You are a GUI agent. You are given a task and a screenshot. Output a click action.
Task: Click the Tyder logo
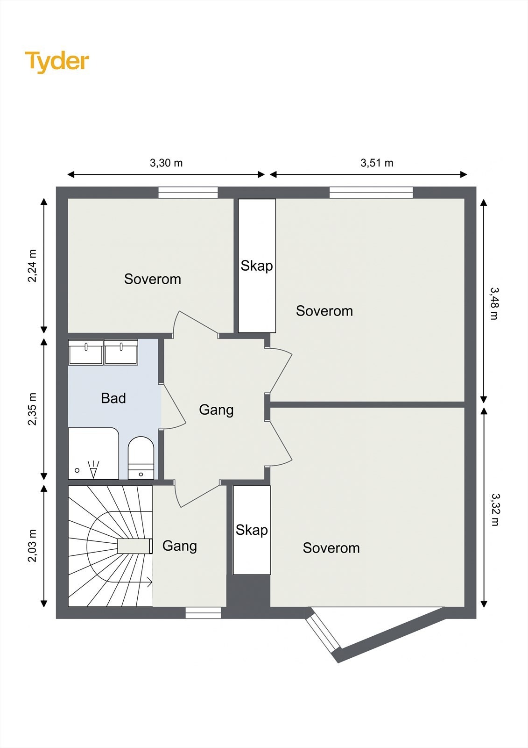pos(57,62)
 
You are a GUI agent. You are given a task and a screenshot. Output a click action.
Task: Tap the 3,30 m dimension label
pos(166,163)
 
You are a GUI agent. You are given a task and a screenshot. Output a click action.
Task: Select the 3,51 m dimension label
pos(377,163)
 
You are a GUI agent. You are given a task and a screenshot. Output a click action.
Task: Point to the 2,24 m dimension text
pos(32,266)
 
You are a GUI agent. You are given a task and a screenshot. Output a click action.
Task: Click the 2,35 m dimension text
pos(32,409)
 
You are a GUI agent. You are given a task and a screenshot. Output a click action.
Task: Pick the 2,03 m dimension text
pos(32,546)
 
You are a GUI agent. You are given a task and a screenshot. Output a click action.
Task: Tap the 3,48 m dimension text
pos(494,303)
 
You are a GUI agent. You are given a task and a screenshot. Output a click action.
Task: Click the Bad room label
pos(113,398)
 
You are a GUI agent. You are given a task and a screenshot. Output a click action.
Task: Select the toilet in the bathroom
pos(141,458)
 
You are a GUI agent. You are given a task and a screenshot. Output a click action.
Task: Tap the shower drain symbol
pos(77,470)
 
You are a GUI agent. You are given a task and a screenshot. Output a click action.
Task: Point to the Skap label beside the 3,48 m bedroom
pos(257,266)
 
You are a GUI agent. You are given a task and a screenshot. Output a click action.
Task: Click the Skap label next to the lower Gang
pos(252,530)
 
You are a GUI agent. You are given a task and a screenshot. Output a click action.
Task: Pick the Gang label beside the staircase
pos(179,546)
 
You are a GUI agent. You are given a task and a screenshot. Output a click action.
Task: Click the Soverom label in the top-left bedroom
pos(153,279)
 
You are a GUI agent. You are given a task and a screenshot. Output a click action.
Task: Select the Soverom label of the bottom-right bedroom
pos(331,548)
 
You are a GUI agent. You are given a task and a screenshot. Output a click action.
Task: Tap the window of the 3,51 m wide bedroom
pos(371,193)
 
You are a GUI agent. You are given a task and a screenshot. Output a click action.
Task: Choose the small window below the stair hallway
pos(204,612)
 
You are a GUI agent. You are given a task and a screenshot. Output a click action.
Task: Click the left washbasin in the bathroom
pos(86,352)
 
